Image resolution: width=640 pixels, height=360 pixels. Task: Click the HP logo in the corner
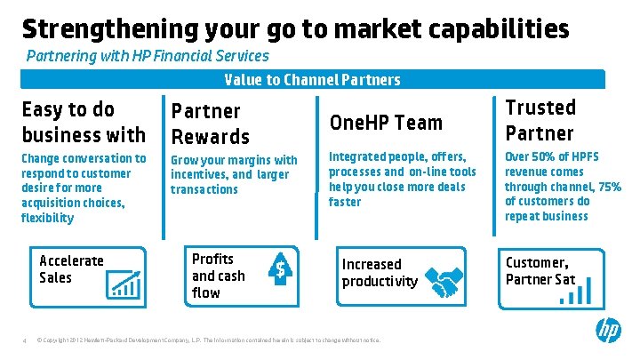click(608, 332)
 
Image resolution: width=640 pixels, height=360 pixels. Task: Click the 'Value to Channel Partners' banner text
click(312, 80)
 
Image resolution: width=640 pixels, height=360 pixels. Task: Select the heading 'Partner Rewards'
click(211, 124)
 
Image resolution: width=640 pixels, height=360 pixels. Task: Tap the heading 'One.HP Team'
click(386, 122)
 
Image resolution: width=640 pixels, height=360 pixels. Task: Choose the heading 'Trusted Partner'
click(540, 120)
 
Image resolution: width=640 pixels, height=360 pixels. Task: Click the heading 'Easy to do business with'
click(83, 122)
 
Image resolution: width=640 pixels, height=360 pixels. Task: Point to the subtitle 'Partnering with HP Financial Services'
click(148, 56)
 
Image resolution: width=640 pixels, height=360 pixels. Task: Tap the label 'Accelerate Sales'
click(71, 268)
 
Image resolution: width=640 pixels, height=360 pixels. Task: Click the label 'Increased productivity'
click(380, 273)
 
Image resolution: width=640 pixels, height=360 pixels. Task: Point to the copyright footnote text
click(208, 340)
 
